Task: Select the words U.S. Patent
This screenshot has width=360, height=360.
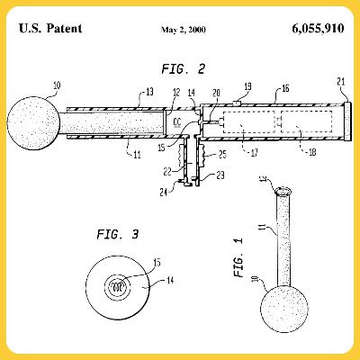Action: click(x=49, y=28)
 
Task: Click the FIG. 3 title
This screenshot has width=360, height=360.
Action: click(x=117, y=235)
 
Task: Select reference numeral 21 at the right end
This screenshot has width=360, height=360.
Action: click(x=341, y=82)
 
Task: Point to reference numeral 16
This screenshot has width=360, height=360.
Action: click(x=285, y=90)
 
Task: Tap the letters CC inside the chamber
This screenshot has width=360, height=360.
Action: click(x=176, y=119)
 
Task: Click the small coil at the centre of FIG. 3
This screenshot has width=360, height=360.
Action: click(x=118, y=285)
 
